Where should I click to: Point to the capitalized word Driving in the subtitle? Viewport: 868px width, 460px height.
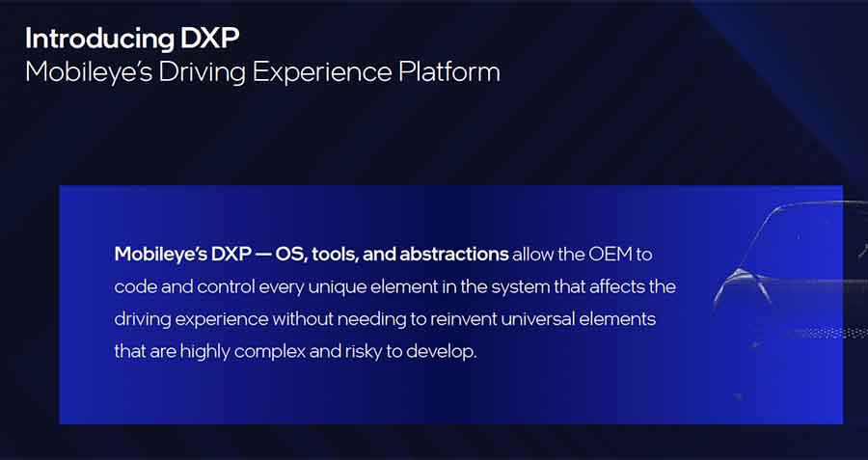click(x=202, y=73)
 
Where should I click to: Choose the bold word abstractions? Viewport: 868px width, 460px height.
click(x=454, y=254)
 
